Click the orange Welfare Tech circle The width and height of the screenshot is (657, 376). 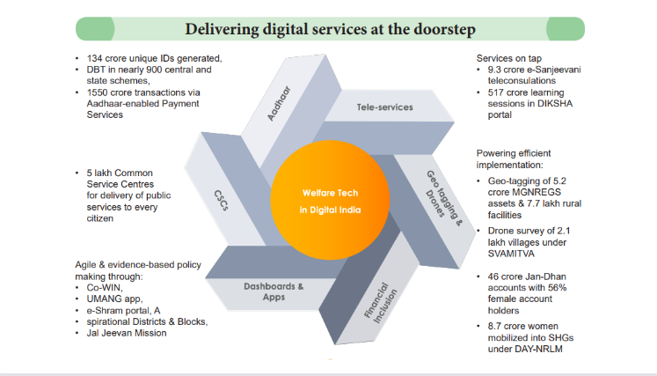coord(329,202)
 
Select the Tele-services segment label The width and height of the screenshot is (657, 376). coord(384,107)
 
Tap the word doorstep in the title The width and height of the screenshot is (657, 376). coord(445,30)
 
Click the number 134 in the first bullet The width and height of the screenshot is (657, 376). coord(94,58)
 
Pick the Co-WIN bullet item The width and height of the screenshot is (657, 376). coord(101,287)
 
